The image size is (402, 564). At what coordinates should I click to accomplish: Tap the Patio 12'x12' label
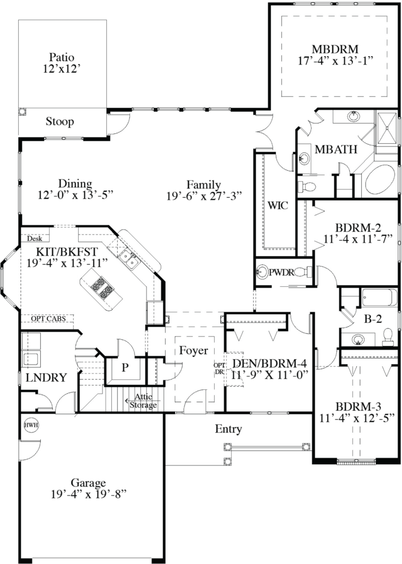click(x=61, y=57)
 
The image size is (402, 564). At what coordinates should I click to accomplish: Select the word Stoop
click(x=60, y=122)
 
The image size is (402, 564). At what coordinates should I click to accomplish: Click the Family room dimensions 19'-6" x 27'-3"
click(x=204, y=196)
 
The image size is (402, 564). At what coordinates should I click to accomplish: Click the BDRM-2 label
click(x=358, y=227)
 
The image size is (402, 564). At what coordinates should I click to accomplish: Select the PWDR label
click(x=281, y=271)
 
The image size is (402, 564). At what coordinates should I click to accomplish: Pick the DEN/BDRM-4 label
click(x=269, y=364)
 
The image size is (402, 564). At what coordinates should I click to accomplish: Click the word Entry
click(x=229, y=429)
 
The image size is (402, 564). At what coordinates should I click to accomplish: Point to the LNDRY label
click(x=46, y=378)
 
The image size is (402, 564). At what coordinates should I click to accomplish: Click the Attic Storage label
click(x=143, y=400)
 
